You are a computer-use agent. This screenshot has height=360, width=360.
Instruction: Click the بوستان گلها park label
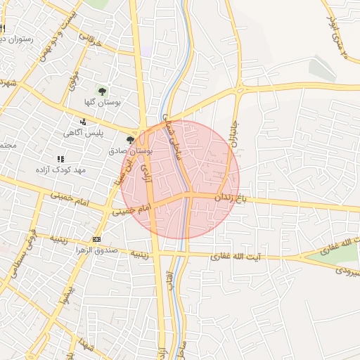coord(103,102)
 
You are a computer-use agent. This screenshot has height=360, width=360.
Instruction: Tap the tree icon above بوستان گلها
coord(103,91)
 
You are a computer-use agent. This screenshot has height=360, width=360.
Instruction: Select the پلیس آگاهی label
coord(84,133)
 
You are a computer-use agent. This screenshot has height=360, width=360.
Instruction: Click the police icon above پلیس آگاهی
coord(84,122)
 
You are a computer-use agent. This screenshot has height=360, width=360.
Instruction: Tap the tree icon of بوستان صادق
coord(130,140)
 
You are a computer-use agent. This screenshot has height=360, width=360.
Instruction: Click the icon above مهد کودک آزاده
coord(60,159)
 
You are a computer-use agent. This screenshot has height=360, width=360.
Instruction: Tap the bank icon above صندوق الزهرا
coord(97,239)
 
